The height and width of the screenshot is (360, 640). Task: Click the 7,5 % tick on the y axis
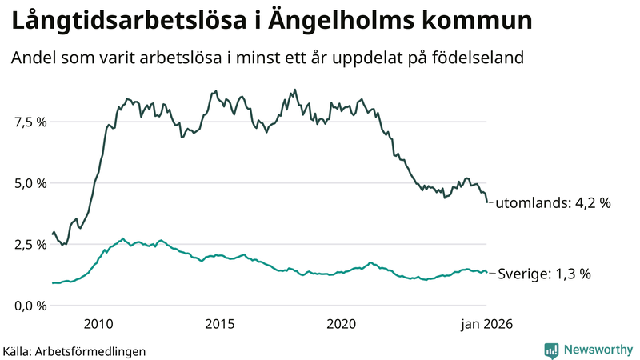29,122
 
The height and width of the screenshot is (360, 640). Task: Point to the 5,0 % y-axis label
29,183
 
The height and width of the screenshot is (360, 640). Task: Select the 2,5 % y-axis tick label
29,244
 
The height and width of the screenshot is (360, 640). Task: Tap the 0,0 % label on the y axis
29,306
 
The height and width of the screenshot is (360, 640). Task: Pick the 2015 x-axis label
220,324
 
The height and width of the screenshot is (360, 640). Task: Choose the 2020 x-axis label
342,324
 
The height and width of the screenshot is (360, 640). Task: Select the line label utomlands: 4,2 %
553,203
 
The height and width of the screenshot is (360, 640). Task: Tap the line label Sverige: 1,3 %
544,274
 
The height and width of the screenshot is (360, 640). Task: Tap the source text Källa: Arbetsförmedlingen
74,351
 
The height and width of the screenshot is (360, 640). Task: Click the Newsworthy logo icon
551,350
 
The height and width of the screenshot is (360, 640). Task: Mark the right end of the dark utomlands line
486,202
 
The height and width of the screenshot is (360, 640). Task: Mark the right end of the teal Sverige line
486,273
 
